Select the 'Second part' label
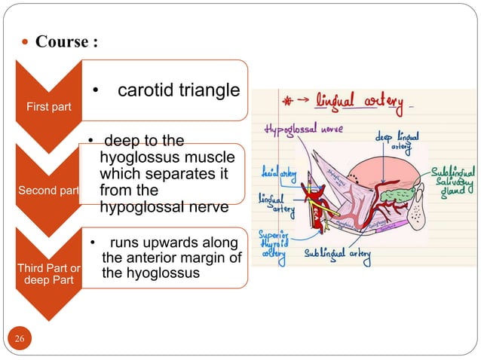coord(49,191)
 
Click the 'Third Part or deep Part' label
coord(47,272)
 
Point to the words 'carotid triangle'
coord(179,91)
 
